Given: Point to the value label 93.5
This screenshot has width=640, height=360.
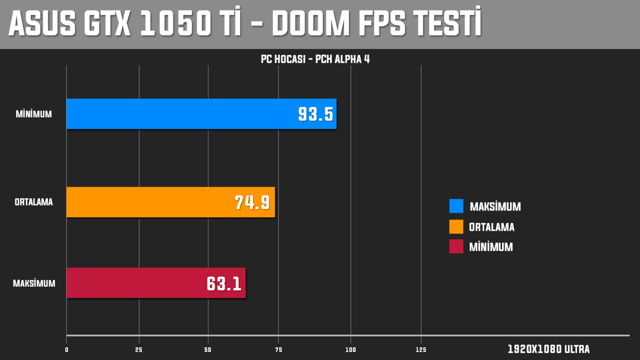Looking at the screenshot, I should [x=316, y=114].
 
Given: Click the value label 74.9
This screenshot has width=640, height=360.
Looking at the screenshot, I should [x=252, y=202].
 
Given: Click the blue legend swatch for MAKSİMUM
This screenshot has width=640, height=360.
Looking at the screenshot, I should [x=456, y=206].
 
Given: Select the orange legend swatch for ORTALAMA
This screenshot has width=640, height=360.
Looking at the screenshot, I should [x=456, y=227].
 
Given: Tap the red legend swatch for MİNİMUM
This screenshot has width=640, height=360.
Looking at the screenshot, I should [x=456, y=246].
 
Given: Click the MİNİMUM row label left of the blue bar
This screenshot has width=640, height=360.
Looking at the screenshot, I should [x=34, y=114].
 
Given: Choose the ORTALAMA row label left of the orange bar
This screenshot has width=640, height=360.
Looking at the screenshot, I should [x=34, y=202].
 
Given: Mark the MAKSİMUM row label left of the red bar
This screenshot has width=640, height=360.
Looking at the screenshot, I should [x=34, y=284].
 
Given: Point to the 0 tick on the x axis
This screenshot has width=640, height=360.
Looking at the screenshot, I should [x=66, y=350].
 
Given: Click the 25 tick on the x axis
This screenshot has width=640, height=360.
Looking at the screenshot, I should [x=139, y=350].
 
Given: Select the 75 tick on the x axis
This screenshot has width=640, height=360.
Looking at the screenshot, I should [x=279, y=350].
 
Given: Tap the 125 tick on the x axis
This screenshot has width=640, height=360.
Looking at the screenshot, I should [x=421, y=350].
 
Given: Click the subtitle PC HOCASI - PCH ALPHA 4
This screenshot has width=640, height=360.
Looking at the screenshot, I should [x=315, y=59].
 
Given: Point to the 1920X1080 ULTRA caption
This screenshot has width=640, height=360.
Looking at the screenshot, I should [x=549, y=349].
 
